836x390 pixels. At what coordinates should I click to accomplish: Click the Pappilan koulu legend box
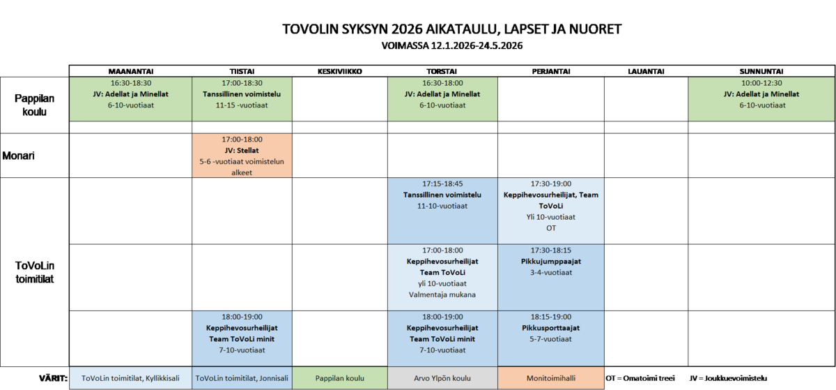(339, 378)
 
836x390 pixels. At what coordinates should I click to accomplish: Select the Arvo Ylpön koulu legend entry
(442, 378)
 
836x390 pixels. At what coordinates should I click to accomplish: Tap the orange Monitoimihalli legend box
(551, 378)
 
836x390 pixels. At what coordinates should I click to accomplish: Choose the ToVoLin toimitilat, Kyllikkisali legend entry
(130, 378)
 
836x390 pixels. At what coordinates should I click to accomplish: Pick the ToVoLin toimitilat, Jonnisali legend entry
(242, 378)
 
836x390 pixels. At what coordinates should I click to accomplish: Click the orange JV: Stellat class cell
(242, 155)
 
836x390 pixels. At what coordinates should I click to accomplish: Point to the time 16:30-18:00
(443, 82)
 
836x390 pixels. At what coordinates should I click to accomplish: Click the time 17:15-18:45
(443, 183)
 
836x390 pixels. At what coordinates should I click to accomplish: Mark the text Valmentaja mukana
(443, 294)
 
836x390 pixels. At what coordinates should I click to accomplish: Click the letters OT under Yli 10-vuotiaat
(551, 227)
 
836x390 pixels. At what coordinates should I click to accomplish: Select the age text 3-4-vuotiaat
(551, 272)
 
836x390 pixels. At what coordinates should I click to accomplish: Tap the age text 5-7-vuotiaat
(551, 338)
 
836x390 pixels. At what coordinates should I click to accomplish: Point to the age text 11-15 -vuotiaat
(242, 105)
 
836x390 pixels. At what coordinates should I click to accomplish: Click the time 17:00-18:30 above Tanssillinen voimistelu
(242, 82)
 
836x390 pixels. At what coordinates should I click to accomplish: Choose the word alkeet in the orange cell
(242, 172)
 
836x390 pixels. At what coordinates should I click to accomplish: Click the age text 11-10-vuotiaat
(443, 206)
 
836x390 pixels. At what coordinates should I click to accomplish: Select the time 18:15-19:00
(551, 316)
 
